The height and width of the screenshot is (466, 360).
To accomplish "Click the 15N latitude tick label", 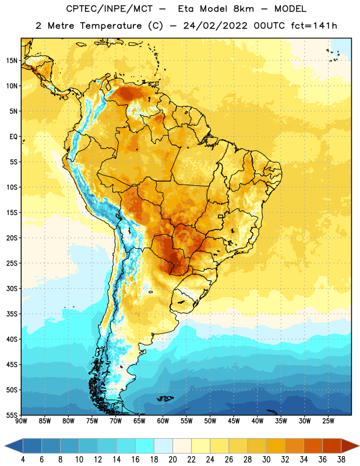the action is click(12, 61).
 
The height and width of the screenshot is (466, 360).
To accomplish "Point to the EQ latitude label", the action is click(13, 137).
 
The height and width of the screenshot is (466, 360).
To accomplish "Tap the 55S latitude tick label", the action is click(12, 415).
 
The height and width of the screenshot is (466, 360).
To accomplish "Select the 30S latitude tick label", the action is click(12, 288).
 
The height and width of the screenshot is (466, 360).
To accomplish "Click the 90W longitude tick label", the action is click(21, 421).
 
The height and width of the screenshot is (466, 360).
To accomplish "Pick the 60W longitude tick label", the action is click(163, 421).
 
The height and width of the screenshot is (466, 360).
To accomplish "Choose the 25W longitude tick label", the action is click(328, 421).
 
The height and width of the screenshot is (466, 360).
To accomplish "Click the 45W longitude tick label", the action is click(234, 421).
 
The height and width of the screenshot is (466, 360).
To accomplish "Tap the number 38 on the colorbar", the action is click(341, 460).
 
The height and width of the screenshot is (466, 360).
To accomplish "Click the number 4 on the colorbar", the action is click(23, 460).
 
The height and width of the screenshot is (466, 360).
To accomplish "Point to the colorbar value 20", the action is click(172, 460).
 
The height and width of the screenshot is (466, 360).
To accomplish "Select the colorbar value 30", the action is click(266, 460).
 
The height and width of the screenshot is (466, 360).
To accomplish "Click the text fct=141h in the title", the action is click(314, 26).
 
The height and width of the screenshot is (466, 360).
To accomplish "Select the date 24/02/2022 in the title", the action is click(215, 26).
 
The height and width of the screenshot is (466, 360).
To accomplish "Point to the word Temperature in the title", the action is click(111, 26).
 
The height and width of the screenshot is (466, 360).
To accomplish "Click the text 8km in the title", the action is click(243, 9).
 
